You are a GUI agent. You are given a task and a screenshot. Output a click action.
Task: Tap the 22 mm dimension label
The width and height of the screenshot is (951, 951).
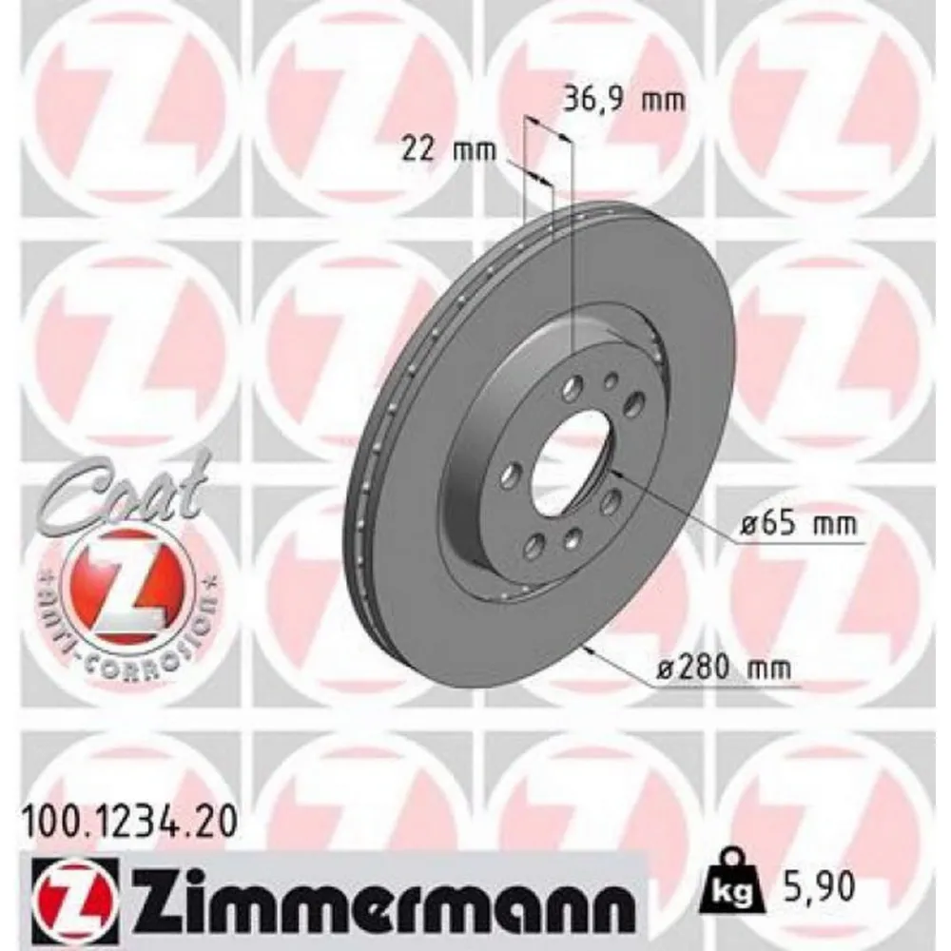tap(438, 148)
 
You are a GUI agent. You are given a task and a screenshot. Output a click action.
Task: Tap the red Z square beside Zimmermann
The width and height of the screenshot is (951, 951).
tap(75, 898)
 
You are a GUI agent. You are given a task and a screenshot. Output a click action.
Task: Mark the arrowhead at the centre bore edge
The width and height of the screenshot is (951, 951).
tap(612, 471)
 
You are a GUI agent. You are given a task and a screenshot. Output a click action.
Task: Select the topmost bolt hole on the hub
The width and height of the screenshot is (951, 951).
tap(574, 384)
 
